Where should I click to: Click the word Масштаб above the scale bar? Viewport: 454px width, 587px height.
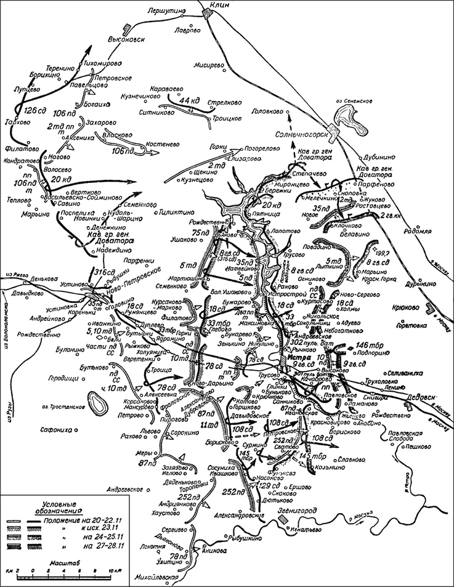60,561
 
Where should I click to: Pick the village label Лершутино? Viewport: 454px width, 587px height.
166,11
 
